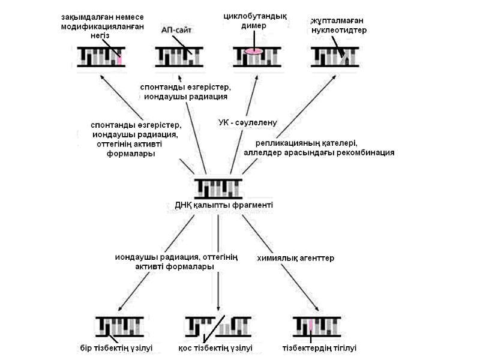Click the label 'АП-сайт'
pos(175,29)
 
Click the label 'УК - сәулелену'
pos(247,122)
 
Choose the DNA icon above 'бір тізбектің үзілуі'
pos(119,326)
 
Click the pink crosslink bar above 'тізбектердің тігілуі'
pos(311,326)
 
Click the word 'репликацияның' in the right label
pos(285,143)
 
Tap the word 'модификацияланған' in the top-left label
pos(103,26)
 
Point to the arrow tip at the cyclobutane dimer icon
pos(257,75)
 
